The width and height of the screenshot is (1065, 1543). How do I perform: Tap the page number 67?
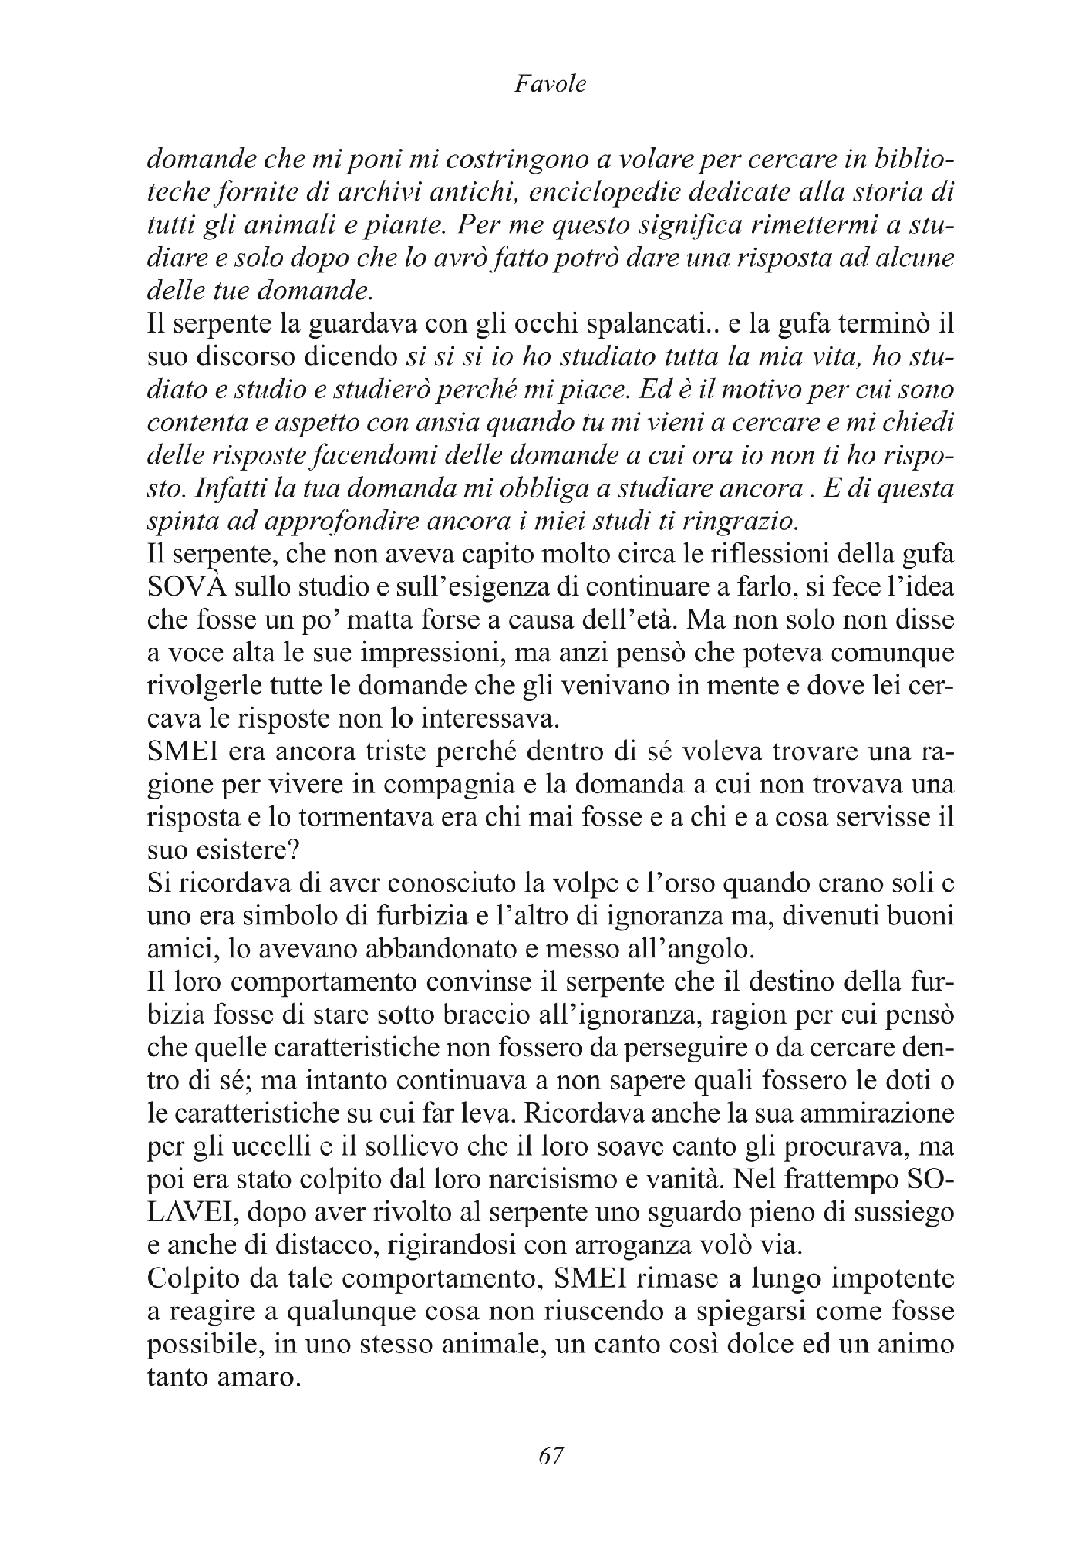pos(551,1455)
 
